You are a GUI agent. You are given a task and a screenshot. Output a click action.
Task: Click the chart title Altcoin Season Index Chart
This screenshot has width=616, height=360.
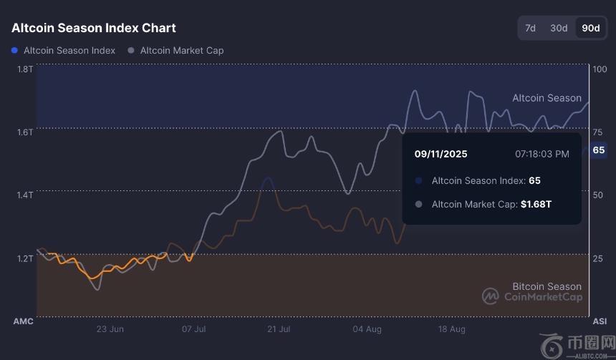[94, 28]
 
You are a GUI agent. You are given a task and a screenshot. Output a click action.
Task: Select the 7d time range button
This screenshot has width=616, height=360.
[530, 28]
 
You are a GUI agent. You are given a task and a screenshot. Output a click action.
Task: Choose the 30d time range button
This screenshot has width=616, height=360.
[559, 28]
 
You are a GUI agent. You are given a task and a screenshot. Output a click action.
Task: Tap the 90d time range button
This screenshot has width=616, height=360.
[590, 28]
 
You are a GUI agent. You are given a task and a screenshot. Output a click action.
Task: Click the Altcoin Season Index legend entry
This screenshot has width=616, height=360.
[69, 51]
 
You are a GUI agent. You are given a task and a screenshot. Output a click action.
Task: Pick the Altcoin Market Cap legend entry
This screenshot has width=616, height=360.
[181, 51]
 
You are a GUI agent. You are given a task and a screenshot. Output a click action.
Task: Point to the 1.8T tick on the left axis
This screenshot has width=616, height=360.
[24, 69]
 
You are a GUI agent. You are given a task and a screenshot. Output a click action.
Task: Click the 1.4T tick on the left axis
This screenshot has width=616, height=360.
[24, 195]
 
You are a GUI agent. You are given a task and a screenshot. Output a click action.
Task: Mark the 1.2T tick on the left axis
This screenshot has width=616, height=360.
[24, 258]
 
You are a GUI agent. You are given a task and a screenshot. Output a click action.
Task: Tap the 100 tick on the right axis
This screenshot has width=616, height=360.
[600, 69]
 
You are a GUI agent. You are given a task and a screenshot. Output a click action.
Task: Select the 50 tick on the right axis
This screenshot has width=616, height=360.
[599, 195]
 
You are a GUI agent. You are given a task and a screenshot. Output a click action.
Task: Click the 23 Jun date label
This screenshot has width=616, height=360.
[110, 329]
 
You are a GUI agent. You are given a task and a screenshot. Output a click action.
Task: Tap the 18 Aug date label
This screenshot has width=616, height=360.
[451, 329]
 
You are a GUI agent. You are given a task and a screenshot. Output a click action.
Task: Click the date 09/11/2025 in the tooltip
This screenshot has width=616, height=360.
[441, 154]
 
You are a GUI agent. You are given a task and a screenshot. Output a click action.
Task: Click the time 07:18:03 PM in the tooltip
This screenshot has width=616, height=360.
[542, 154]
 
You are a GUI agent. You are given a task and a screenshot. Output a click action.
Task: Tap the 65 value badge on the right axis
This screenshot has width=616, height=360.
[599, 150]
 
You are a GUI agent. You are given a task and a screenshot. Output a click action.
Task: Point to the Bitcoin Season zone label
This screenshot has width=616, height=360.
[547, 286]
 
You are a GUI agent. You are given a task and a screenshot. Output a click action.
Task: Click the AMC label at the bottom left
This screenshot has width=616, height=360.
[24, 321]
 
